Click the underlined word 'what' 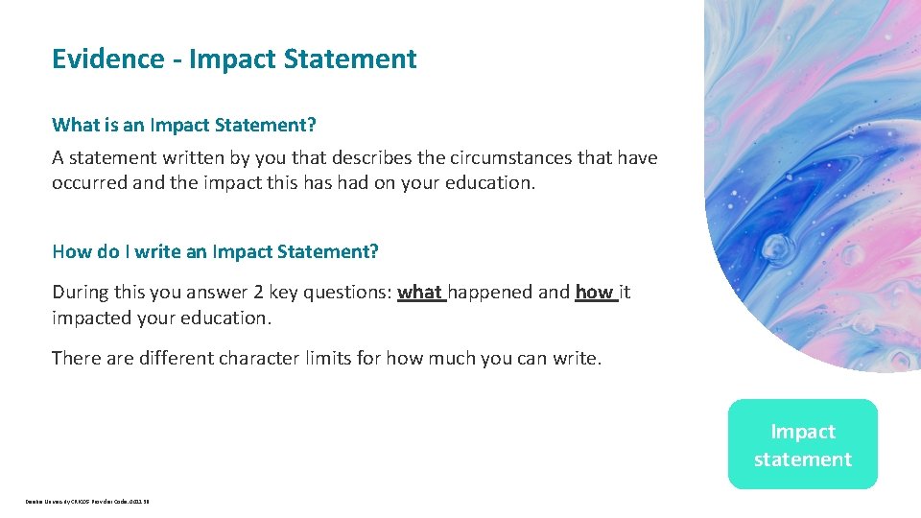[x=419, y=293]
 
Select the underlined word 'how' [x=594, y=293]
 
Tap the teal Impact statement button [x=802, y=445]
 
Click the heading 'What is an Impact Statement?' [x=184, y=125]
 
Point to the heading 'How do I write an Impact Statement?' [x=215, y=252]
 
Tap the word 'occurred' [x=89, y=182]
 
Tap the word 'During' [x=81, y=293]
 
